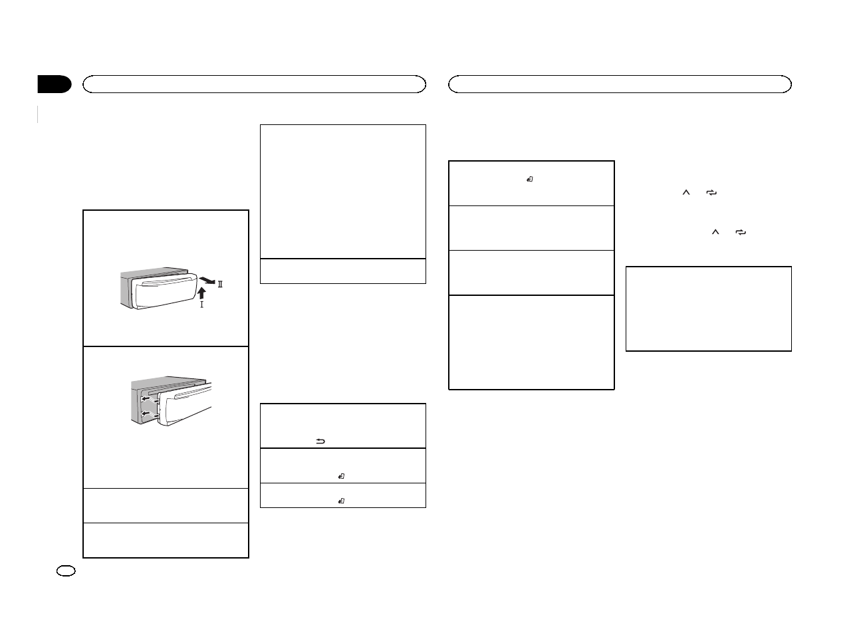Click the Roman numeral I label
201,305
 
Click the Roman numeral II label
220,284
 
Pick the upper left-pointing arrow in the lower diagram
146,400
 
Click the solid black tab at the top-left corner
54,84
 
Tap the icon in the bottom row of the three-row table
340,500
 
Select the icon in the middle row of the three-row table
340,475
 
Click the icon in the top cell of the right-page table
530,179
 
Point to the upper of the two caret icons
687,192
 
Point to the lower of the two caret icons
715,233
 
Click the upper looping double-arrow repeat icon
712,192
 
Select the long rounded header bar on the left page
253,84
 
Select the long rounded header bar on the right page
620,84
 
